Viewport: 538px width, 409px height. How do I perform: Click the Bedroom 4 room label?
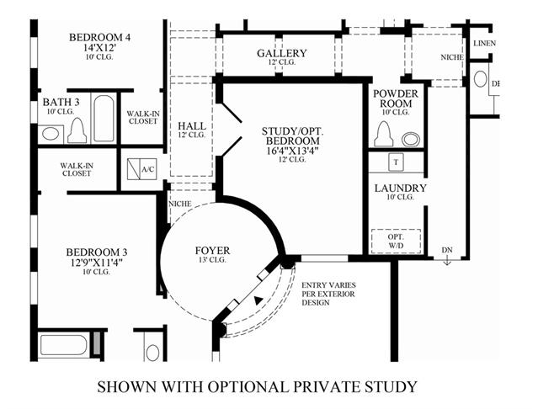click(x=99, y=37)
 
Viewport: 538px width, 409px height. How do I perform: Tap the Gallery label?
click(x=282, y=53)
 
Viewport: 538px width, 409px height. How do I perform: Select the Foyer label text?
click(x=212, y=251)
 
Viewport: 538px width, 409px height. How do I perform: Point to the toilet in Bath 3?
click(x=77, y=130)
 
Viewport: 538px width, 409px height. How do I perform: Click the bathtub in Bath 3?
click(x=104, y=119)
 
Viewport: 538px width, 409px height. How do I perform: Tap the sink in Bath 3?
click(x=51, y=134)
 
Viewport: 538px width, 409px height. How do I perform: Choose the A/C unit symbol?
click(x=141, y=169)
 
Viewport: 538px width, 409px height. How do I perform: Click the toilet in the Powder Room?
click(x=384, y=134)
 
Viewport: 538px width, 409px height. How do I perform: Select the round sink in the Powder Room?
click(x=411, y=139)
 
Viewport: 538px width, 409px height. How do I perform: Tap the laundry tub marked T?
click(x=397, y=162)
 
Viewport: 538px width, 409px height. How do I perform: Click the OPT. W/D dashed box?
click(x=397, y=242)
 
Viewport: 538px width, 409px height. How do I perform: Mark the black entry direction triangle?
click(x=258, y=300)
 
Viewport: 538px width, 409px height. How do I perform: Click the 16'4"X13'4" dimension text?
click(x=290, y=151)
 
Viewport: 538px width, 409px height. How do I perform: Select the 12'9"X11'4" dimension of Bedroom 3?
click(x=97, y=263)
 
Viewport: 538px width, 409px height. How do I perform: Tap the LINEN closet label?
click(x=484, y=44)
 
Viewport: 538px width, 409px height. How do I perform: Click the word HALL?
click(x=192, y=126)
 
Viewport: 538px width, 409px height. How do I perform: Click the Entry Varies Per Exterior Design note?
click(x=328, y=294)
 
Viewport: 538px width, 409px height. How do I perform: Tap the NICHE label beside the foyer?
click(x=180, y=204)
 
